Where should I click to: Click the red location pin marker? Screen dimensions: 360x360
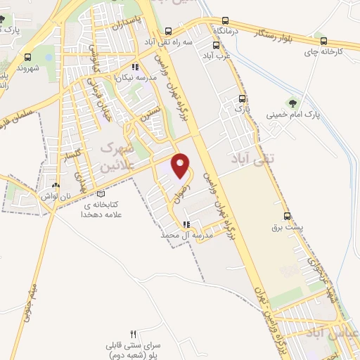(181, 165)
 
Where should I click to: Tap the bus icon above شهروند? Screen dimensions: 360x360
(27, 57)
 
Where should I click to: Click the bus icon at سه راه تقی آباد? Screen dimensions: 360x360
(168, 31)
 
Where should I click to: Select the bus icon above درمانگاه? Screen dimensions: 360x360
(225, 20)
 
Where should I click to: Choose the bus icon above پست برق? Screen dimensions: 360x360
(287, 216)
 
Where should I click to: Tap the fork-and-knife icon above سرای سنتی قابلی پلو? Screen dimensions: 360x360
(134, 333)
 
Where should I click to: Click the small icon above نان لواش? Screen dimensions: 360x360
(55, 185)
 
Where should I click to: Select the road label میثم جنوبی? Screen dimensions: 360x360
(30, 299)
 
